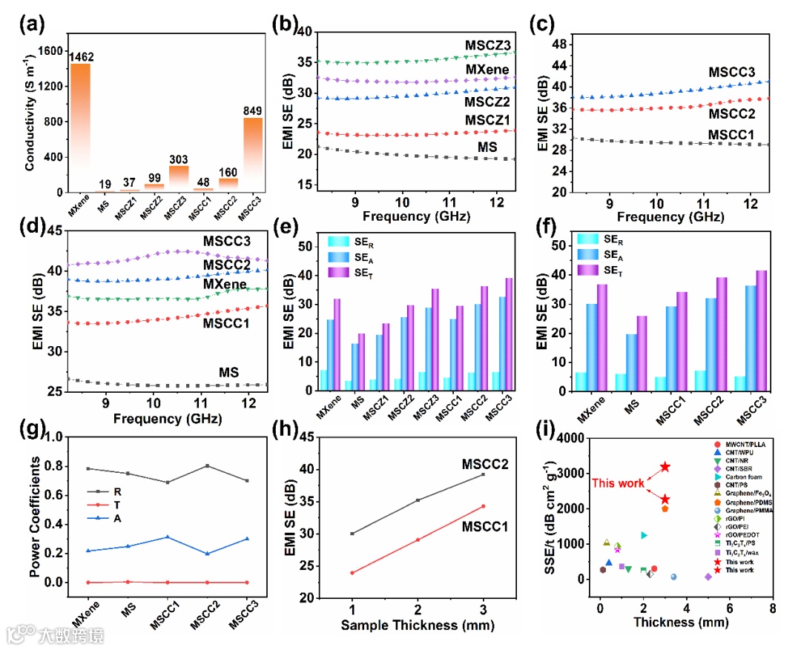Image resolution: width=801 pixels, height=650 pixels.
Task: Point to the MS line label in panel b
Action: coord(487,148)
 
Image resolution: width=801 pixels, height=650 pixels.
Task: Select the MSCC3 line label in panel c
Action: coord(731,73)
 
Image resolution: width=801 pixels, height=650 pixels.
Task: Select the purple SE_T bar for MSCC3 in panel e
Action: coord(510,334)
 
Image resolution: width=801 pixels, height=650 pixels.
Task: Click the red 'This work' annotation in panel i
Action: coord(618,483)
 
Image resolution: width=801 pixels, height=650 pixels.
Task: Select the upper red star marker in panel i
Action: coord(665,467)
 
